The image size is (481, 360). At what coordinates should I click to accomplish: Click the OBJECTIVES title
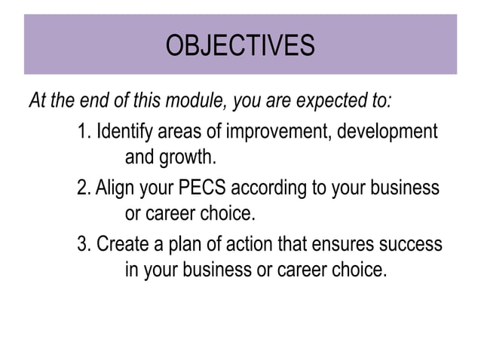click(240, 46)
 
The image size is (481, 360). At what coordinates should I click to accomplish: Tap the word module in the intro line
click(202, 101)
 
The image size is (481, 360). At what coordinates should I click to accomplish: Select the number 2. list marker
click(84, 187)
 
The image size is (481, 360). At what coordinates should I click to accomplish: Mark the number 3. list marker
click(84, 245)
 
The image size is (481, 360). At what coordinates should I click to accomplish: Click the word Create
click(120, 245)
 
